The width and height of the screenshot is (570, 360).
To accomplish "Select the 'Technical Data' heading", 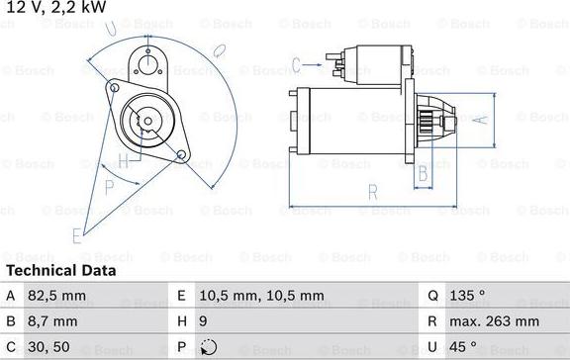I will [x=61, y=270].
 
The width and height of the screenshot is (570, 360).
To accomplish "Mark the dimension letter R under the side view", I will [x=372, y=193].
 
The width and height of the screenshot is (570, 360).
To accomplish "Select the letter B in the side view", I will [x=421, y=174].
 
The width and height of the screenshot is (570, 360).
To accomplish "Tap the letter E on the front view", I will [x=77, y=234].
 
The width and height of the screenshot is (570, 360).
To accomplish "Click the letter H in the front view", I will [x=122, y=160].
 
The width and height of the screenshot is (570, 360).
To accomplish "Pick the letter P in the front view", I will [x=110, y=185].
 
